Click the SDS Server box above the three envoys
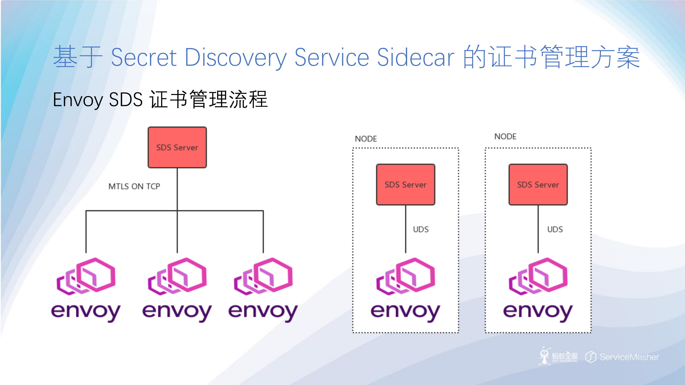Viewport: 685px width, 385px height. click(177, 147)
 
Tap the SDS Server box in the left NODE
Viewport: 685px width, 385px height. click(405, 185)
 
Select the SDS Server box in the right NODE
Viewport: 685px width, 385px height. click(538, 185)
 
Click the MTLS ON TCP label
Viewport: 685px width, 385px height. click(134, 186)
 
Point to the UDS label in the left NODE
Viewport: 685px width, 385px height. click(421, 229)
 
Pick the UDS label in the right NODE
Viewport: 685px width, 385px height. click(555, 229)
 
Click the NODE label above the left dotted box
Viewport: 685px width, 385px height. click(366, 139)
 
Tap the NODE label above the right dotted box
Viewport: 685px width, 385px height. click(505, 136)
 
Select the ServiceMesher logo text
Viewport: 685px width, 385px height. click(629, 357)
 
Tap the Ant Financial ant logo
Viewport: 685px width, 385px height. click(544, 356)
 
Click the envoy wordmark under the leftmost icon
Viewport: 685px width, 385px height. click(86, 312)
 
